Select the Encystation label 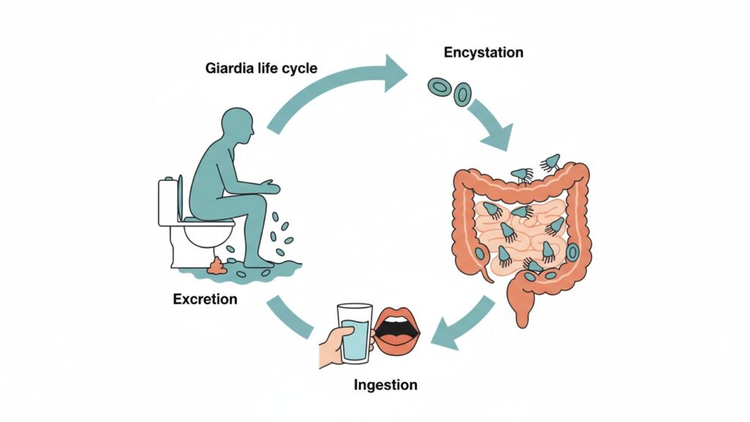[484, 53]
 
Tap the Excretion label [205, 299]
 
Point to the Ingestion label [386, 385]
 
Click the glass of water [354, 333]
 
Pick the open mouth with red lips [397, 332]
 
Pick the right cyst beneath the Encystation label [461, 94]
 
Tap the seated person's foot [258, 261]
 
